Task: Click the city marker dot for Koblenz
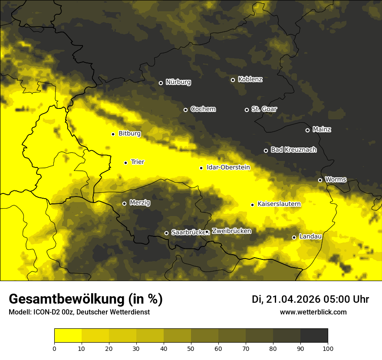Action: point(233,80)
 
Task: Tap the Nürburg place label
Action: point(178,82)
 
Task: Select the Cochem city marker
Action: point(185,110)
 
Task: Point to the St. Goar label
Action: point(264,109)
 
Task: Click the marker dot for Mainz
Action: point(307,130)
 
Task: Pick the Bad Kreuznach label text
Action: point(293,150)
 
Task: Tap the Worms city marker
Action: point(320,180)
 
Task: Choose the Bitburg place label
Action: point(129,134)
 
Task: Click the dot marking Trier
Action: point(125,163)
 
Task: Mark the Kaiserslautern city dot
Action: point(252,205)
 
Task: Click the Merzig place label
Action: point(140,203)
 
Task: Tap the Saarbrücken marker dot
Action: point(166,233)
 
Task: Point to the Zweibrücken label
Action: point(231,231)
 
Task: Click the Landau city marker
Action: point(294,237)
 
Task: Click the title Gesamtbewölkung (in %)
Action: point(86,299)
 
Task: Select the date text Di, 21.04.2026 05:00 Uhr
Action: point(310,299)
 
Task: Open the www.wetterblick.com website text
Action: point(313,312)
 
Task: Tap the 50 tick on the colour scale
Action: point(191,348)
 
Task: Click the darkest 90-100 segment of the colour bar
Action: point(314,335)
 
